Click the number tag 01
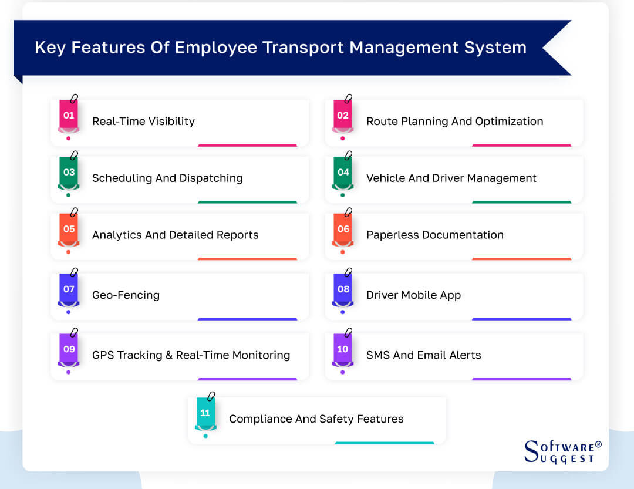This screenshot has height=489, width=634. (x=69, y=116)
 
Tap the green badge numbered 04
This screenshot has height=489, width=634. (x=343, y=173)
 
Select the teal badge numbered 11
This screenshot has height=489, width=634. (x=205, y=413)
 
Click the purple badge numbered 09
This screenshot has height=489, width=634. (x=69, y=349)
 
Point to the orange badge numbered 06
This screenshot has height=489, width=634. (x=343, y=230)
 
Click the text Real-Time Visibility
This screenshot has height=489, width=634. (x=143, y=122)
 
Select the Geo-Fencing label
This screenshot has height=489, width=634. (x=126, y=295)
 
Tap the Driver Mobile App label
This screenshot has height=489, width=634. (x=413, y=295)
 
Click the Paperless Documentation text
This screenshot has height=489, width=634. (x=434, y=235)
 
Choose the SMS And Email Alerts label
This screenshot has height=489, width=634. (x=423, y=355)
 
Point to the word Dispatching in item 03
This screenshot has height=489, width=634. (x=209, y=178)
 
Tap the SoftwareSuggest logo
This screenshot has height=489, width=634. (x=562, y=451)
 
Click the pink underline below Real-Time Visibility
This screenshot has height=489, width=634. (x=247, y=145)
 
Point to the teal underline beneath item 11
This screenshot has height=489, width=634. (x=384, y=443)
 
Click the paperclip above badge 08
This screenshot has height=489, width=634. (x=348, y=273)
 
